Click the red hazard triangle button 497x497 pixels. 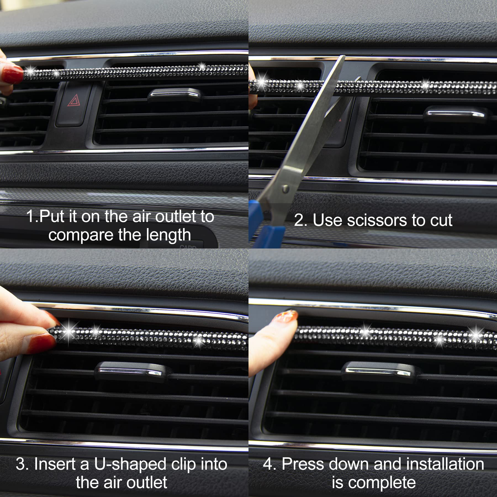point(73,101)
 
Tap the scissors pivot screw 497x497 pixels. point(285,189)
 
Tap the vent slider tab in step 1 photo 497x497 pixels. point(173,94)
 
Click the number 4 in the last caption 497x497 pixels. point(268,464)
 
